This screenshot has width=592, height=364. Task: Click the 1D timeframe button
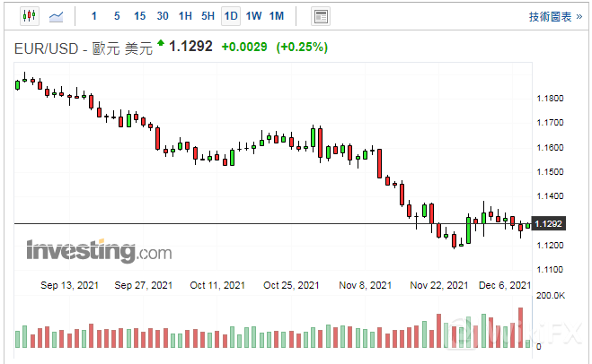click(x=231, y=16)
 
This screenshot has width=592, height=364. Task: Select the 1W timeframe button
click(x=254, y=16)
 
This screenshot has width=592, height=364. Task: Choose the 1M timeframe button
click(x=277, y=16)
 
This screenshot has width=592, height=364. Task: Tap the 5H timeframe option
click(x=208, y=16)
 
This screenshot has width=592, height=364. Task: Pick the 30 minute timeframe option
click(x=163, y=16)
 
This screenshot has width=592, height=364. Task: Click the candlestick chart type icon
click(x=29, y=16)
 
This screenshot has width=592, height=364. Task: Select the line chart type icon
click(x=56, y=16)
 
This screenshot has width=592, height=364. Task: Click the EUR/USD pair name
click(x=44, y=46)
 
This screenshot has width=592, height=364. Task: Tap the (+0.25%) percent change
click(x=302, y=46)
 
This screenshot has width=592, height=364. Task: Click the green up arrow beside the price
click(x=160, y=42)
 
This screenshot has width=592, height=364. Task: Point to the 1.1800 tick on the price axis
click(x=549, y=99)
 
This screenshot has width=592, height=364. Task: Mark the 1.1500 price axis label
click(x=549, y=172)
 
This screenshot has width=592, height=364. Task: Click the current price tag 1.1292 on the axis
click(x=548, y=223)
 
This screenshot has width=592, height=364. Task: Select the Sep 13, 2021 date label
click(x=69, y=285)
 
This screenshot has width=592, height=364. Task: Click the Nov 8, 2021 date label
click(x=366, y=285)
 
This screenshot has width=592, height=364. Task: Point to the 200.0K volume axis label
click(x=550, y=295)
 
